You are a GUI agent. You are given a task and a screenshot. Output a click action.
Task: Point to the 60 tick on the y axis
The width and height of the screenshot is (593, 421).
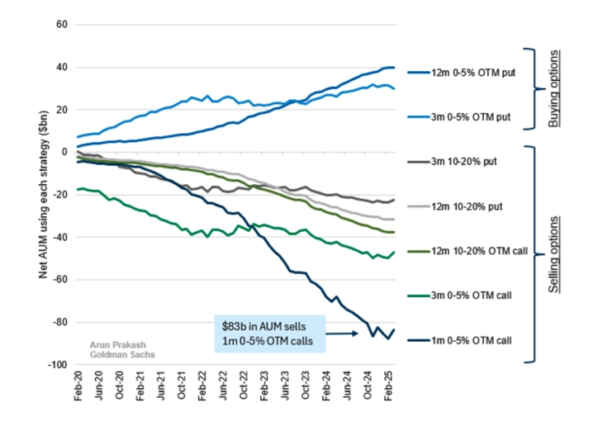click(x=60, y=25)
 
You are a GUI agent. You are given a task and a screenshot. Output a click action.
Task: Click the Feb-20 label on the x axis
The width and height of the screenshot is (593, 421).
click(x=77, y=391)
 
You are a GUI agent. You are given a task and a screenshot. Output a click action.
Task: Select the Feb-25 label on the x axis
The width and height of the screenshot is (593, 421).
click(x=389, y=391)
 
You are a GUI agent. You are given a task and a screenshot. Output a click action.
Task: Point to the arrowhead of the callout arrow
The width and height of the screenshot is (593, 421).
click(x=356, y=334)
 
